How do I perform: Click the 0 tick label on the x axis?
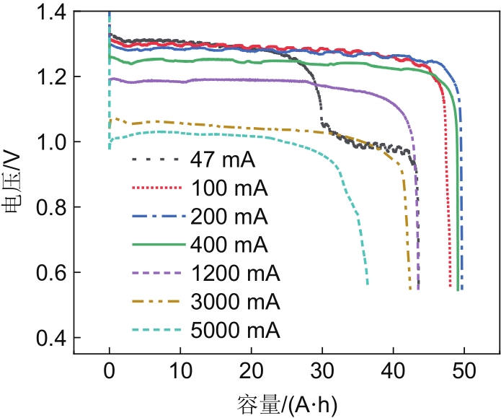pos(109,372)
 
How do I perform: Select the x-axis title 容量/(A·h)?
pos(286,402)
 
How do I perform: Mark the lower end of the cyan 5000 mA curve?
pos(367,284)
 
